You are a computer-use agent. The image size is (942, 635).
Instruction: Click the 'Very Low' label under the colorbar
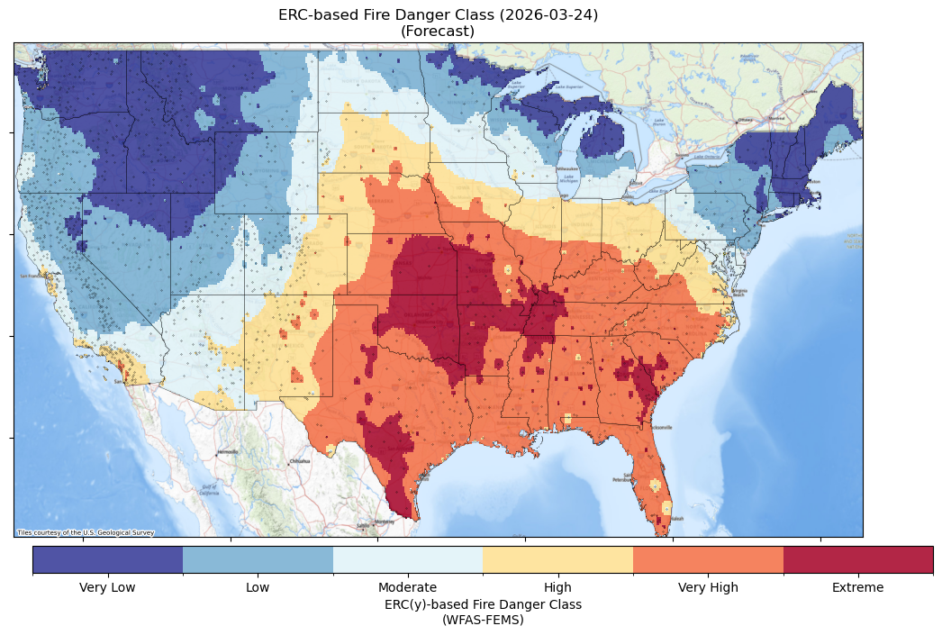click(x=108, y=588)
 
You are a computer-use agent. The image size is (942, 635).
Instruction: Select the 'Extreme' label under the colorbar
click(x=858, y=588)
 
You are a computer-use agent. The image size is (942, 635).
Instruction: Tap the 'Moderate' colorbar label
click(x=408, y=588)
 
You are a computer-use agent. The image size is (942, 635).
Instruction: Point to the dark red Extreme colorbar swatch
click(x=858, y=559)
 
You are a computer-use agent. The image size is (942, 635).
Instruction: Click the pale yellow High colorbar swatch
click(x=557, y=559)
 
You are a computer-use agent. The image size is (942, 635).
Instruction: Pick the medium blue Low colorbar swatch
click(x=258, y=559)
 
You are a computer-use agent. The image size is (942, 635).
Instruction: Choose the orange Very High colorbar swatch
click(x=708, y=559)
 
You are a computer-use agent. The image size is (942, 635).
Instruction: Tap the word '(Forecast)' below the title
click(x=438, y=32)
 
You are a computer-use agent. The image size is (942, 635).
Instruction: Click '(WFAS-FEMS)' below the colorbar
click(x=483, y=620)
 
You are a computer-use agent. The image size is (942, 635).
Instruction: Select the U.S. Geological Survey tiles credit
click(x=86, y=532)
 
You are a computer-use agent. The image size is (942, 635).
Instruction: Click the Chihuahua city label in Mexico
click(x=299, y=460)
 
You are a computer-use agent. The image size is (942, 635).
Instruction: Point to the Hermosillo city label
click(x=227, y=451)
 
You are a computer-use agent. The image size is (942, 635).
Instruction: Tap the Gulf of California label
click(x=208, y=491)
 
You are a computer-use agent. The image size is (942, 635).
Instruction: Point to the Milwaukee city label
click(x=566, y=168)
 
